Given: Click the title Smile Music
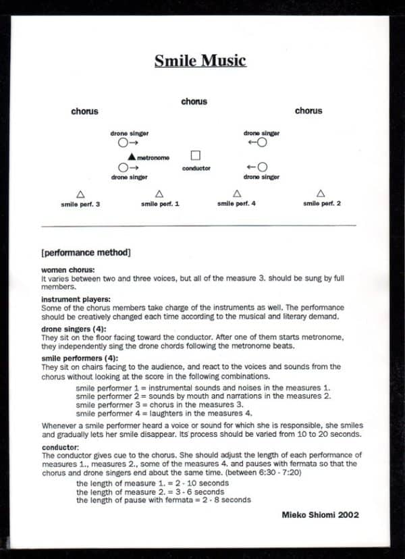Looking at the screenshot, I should [x=200, y=61].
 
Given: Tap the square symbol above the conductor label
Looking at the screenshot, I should [x=196, y=156].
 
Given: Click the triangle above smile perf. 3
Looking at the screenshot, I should [x=80, y=194].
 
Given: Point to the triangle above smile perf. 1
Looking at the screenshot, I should [x=159, y=194].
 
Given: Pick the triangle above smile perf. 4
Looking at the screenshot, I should [x=237, y=194].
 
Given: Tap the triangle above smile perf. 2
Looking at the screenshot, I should [x=321, y=194].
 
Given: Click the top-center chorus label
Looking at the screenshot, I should [x=194, y=102].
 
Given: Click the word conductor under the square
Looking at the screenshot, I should [x=196, y=168].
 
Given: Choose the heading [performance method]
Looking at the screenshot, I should [x=86, y=253].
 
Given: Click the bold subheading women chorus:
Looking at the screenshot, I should [x=68, y=271].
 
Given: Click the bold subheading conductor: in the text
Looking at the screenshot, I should [x=60, y=447].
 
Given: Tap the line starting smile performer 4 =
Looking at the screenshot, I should [x=164, y=413].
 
